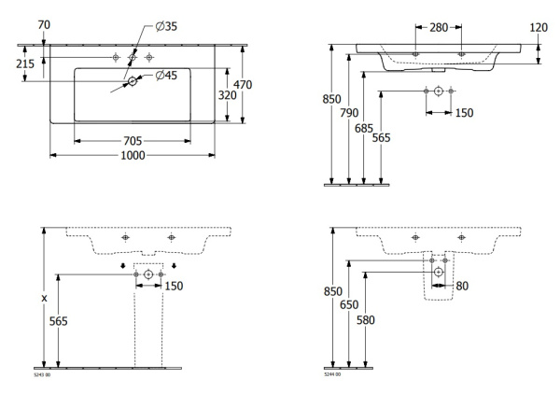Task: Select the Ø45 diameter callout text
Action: tap(167, 75)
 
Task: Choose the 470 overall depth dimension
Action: tap(244, 83)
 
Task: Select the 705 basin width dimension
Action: tap(133, 141)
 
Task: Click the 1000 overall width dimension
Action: tap(133, 156)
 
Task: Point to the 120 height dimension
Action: tap(539, 27)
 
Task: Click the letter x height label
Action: tap(42, 298)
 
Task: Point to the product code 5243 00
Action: tap(42, 374)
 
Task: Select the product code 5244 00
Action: tap(334, 374)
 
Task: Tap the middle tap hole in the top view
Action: tap(133, 58)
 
